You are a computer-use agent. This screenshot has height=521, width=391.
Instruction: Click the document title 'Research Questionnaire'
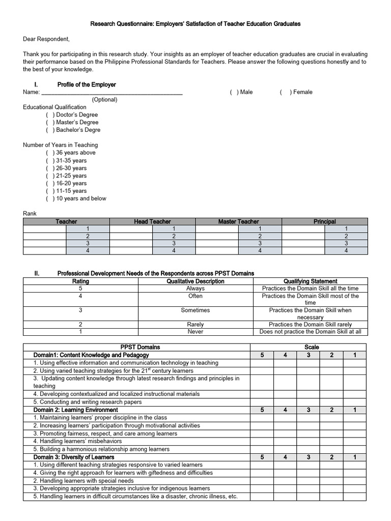(x=195, y=23)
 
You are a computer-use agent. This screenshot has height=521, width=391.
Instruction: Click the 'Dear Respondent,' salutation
(x=46, y=39)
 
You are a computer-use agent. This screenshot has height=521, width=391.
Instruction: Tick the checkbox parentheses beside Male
(x=233, y=92)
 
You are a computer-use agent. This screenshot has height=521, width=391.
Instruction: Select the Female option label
(x=301, y=92)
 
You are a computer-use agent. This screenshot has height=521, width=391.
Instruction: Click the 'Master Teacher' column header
(x=238, y=221)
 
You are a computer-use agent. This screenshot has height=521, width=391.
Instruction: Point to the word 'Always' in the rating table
(x=195, y=288)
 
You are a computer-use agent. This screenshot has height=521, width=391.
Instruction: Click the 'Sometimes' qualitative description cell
(x=195, y=310)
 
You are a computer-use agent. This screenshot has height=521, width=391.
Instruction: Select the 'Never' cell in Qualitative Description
(x=195, y=332)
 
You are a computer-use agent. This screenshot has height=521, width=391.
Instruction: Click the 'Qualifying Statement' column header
(x=310, y=281)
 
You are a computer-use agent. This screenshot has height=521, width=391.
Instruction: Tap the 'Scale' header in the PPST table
(x=312, y=347)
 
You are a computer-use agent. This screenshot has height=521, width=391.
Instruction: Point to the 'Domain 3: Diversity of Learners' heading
(x=74, y=457)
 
